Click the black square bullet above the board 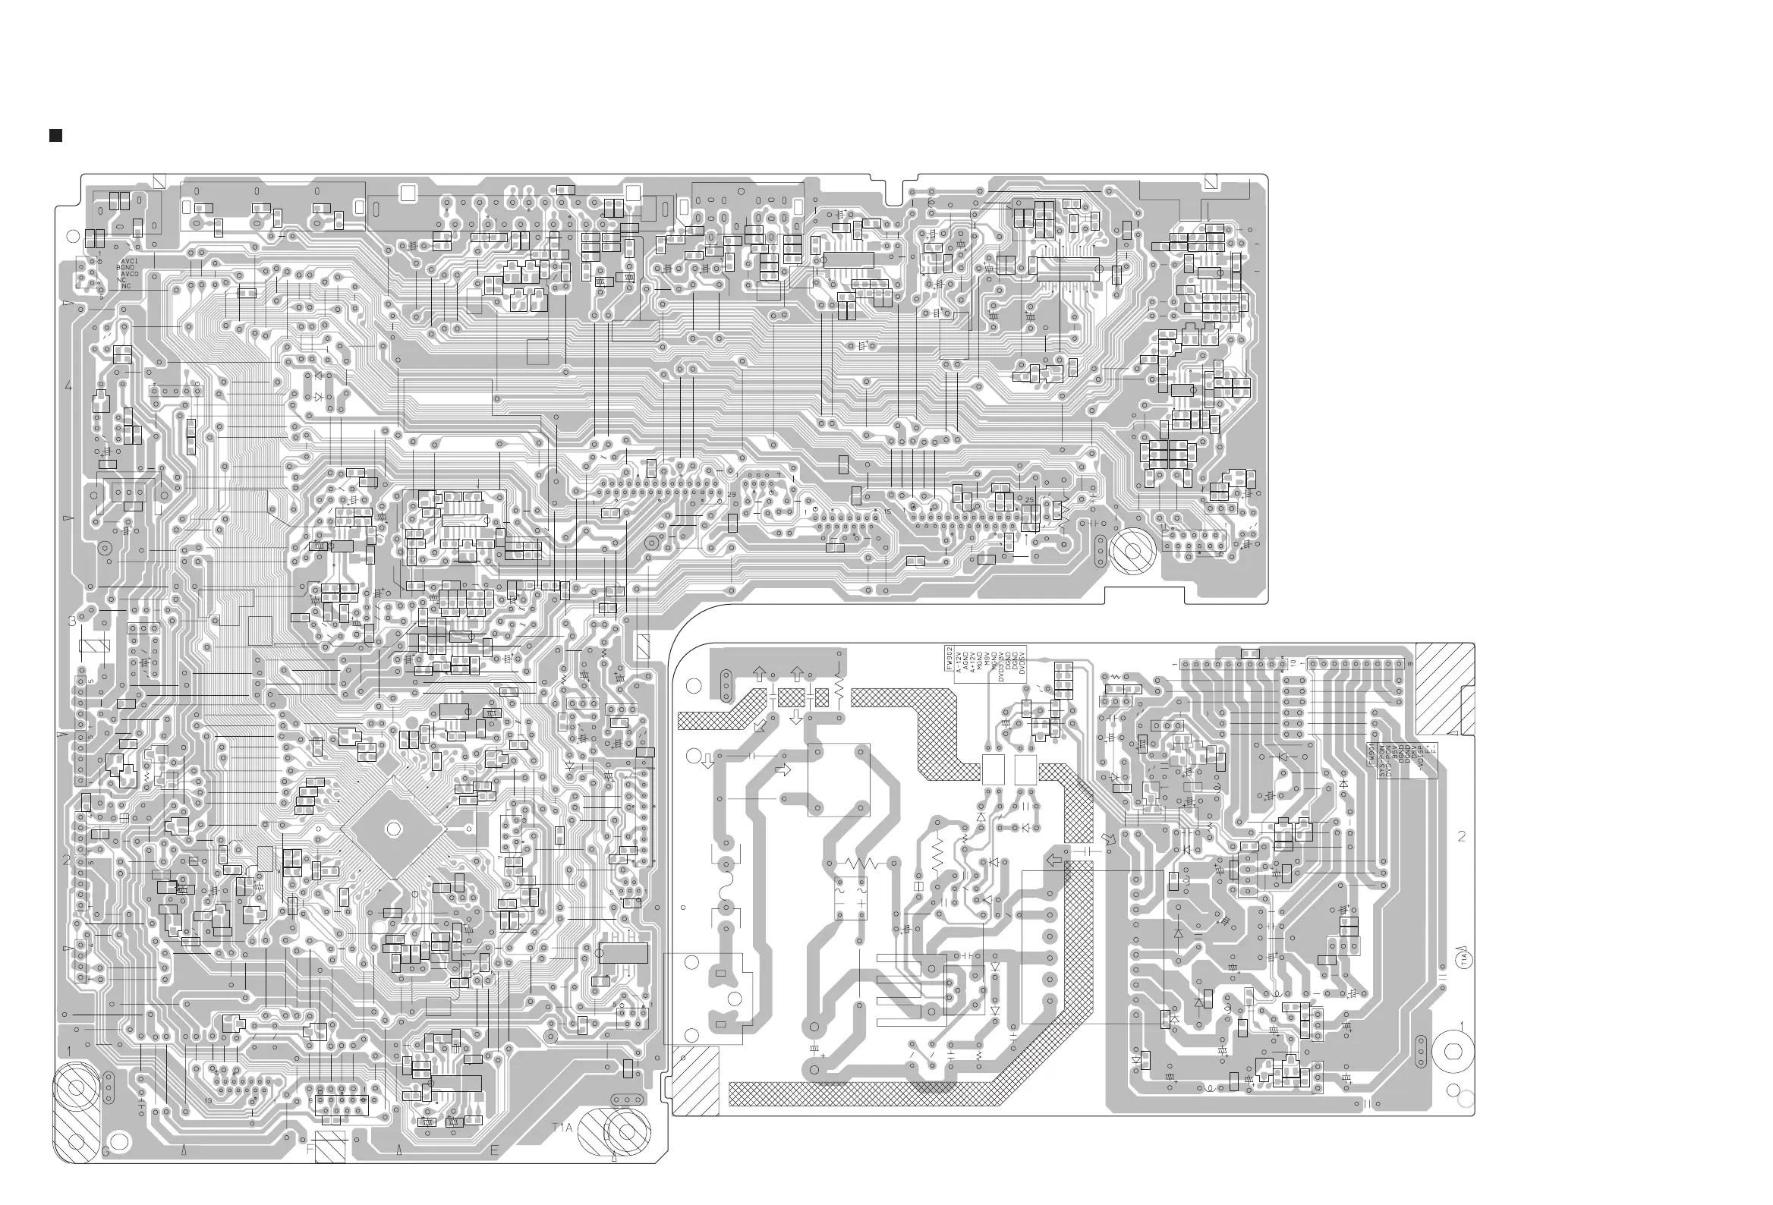(55, 136)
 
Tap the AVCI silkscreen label (129, 262)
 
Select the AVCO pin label (130, 274)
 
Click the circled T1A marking (1464, 958)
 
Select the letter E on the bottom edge (494, 1151)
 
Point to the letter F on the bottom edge (310, 1150)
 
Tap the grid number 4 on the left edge (68, 386)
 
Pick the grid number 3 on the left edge (72, 621)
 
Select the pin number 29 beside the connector (732, 495)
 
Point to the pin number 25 (1029, 500)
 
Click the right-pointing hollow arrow (783, 770)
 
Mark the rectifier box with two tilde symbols (850, 898)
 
